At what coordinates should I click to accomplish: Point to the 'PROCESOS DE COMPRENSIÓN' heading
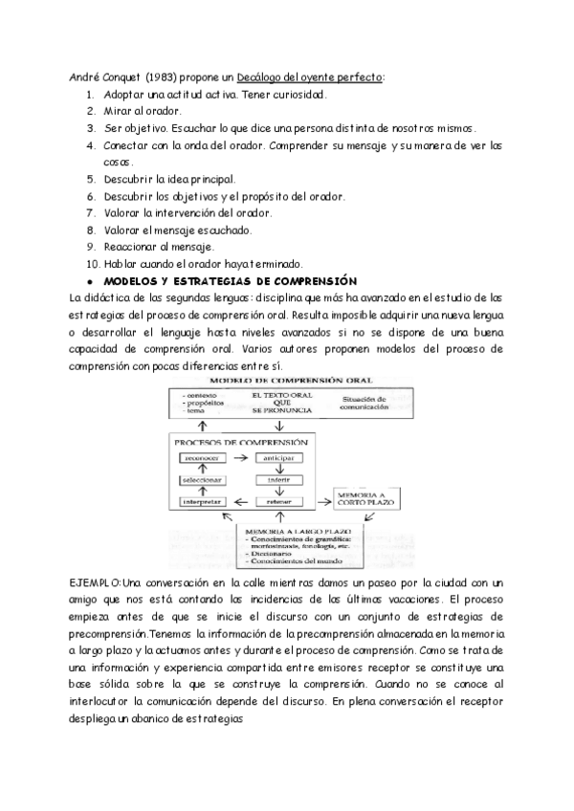tap(241, 442)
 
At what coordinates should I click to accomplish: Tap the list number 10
tap(92, 264)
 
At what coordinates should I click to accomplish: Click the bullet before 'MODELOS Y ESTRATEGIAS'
tap(88, 281)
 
